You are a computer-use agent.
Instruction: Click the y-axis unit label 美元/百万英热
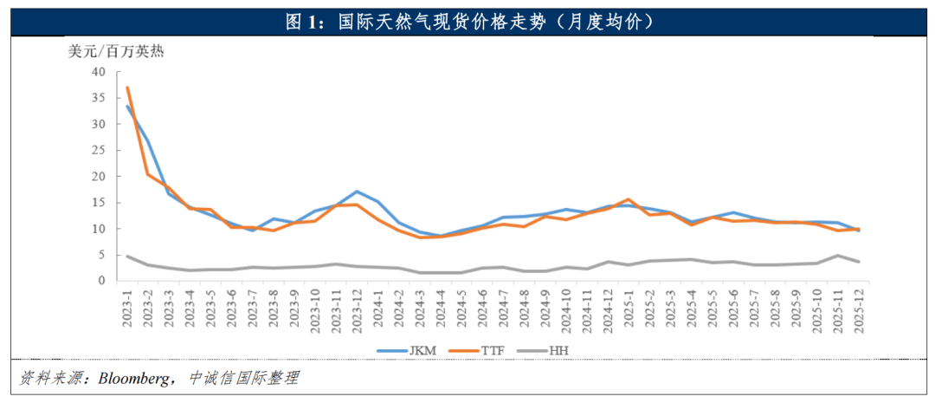[116, 50]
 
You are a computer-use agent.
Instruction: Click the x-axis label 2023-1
[127, 310]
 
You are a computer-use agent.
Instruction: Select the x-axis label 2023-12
[356, 312]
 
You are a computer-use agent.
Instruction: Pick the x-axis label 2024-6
[481, 310]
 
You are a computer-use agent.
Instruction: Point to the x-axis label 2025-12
[857, 312]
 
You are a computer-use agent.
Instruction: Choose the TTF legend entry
[490, 351]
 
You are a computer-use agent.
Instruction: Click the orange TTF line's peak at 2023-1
[127, 88]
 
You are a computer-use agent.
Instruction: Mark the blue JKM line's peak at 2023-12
[356, 192]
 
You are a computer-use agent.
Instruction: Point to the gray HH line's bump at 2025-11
[836, 256]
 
